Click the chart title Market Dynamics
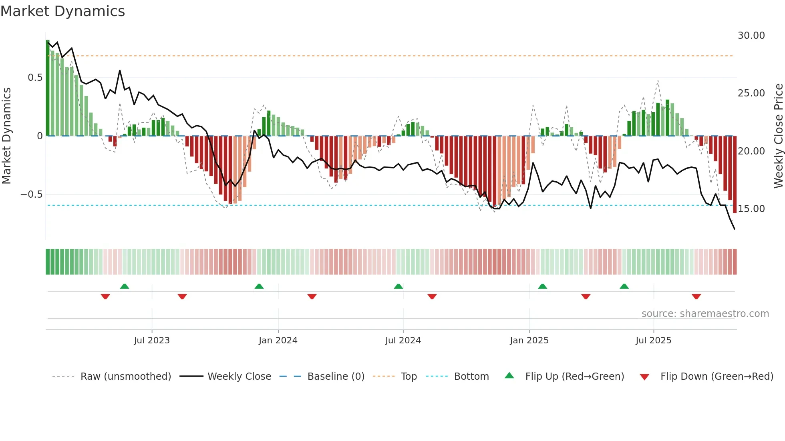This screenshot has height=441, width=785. (63, 11)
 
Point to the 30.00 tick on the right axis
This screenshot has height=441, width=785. (751, 36)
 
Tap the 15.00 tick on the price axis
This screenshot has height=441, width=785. (751, 209)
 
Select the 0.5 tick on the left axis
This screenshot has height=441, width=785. (35, 78)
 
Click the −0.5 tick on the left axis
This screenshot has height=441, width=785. (32, 194)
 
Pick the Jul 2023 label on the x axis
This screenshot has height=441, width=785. (152, 341)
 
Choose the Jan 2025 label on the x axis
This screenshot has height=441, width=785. (529, 341)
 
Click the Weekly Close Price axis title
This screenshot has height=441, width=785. (778, 136)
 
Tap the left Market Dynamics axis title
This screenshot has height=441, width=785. (6, 136)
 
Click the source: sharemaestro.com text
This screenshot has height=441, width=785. (705, 314)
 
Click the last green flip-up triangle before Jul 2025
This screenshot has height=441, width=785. (624, 287)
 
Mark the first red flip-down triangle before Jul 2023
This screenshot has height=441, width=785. (105, 297)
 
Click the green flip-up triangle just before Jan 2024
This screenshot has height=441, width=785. (259, 287)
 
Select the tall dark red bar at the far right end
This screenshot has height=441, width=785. (735, 174)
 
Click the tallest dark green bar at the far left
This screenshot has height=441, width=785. (48, 88)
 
